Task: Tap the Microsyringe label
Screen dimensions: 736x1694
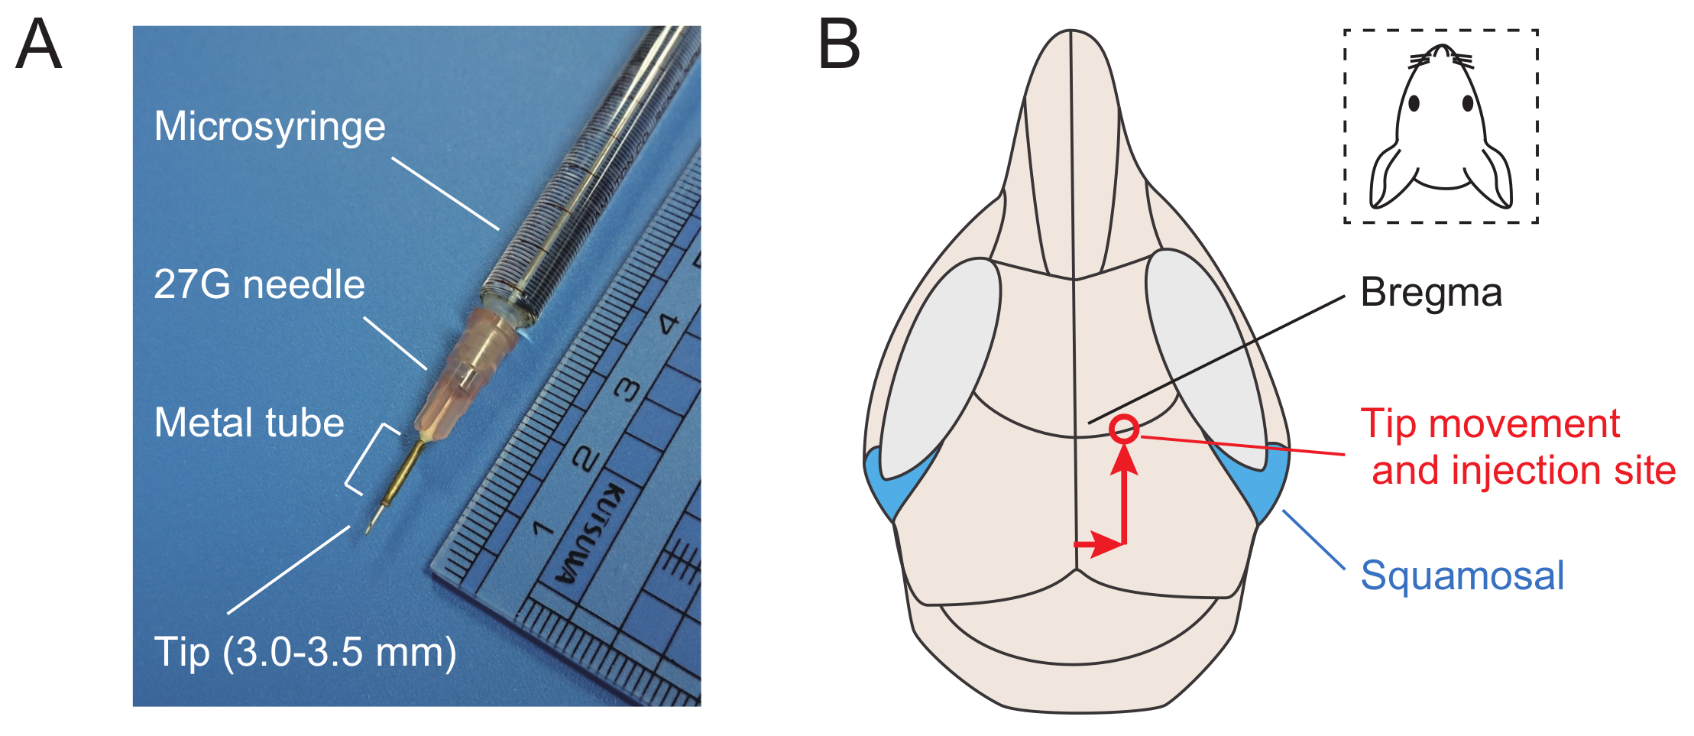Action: (x=270, y=126)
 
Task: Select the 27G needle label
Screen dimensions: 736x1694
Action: (x=259, y=284)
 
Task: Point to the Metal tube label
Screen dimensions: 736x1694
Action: (x=249, y=423)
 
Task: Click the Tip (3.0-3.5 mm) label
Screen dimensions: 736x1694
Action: (x=305, y=652)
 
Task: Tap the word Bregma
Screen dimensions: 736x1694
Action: (x=1430, y=293)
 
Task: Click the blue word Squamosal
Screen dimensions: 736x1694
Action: (x=1462, y=575)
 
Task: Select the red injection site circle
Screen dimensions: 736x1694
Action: (x=1123, y=429)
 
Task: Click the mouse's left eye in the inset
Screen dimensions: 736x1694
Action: (x=1414, y=103)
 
